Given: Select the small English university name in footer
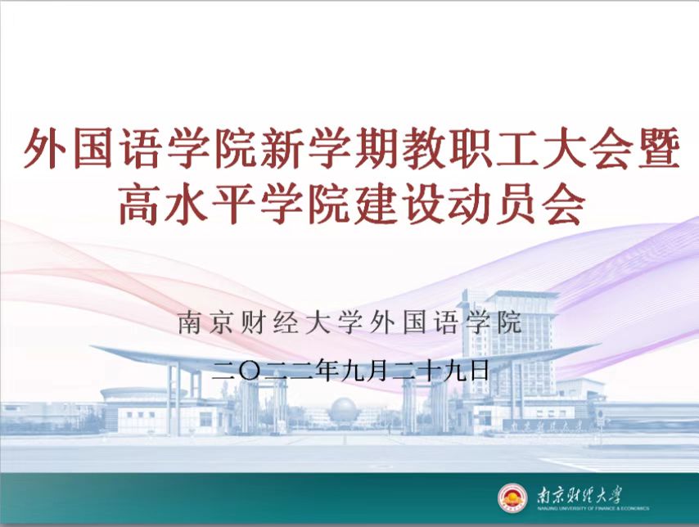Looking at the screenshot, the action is click(x=593, y=508).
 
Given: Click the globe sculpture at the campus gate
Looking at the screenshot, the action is click(x=343, y=410).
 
